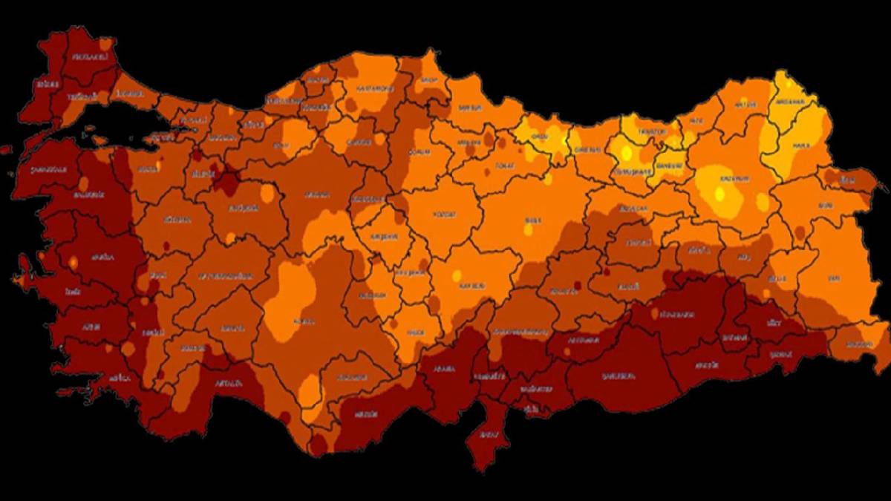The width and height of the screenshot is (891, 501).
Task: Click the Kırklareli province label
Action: (90, 57)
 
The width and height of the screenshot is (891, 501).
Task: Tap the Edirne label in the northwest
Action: (43, 85)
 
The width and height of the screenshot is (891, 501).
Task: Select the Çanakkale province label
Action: (49, 169)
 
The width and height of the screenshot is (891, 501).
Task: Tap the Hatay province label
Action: (487, 433)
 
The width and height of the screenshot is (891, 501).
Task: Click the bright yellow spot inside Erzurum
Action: (719, 194)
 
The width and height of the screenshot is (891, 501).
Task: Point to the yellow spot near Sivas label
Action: (528, 229)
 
